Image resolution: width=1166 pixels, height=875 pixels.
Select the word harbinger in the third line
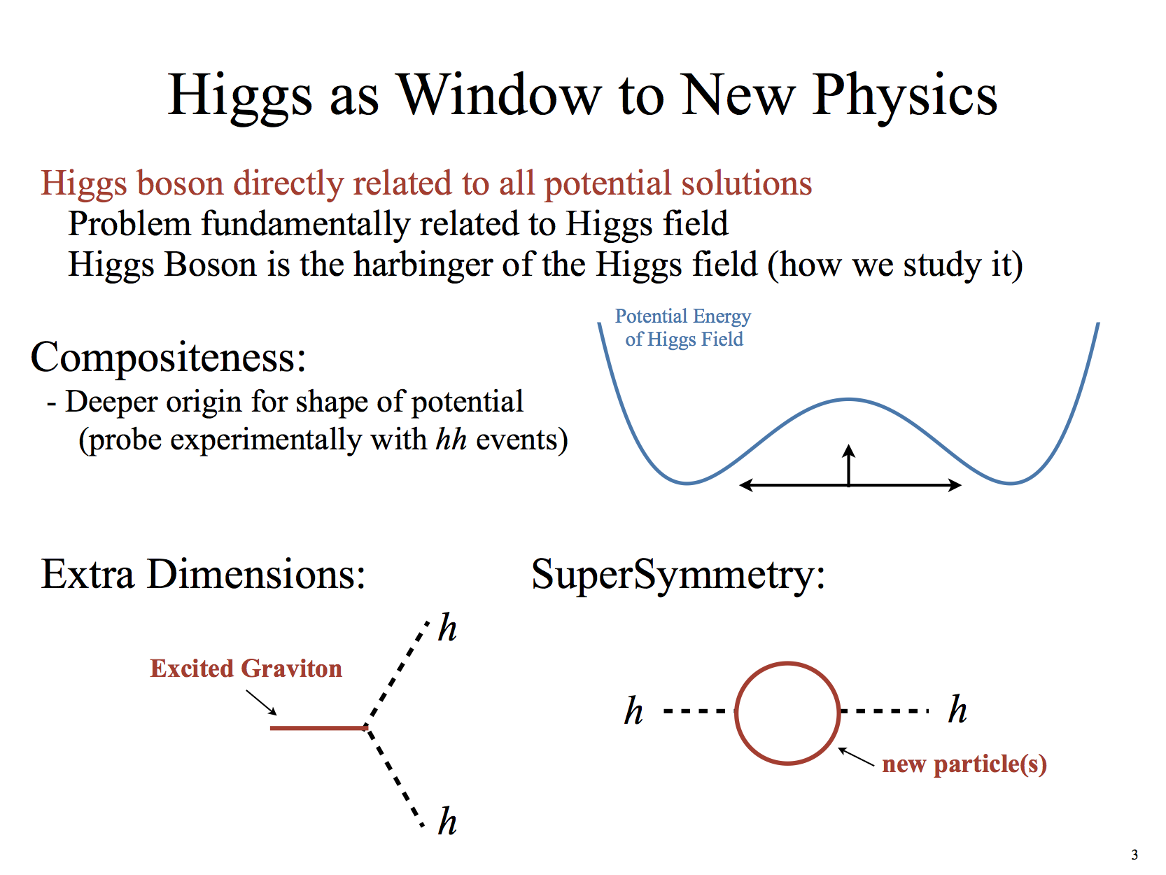422,265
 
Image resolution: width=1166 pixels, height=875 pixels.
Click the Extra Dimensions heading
204,574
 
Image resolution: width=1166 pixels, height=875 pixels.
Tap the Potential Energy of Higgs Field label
683,328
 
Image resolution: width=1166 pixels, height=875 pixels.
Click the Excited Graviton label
246,668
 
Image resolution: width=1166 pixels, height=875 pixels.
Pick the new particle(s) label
964,764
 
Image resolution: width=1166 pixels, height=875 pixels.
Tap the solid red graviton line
318,727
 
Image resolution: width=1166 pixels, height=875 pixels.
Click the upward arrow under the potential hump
849,465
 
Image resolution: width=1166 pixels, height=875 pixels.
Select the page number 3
1134,855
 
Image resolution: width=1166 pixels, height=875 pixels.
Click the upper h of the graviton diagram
447,628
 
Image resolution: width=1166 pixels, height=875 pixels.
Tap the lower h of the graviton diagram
447,821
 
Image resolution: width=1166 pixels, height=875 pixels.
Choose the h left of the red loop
633,710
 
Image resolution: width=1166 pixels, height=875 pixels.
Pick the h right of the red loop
957,708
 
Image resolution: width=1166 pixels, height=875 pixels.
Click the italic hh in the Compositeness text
451,440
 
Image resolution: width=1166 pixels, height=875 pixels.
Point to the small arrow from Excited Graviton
261,703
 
